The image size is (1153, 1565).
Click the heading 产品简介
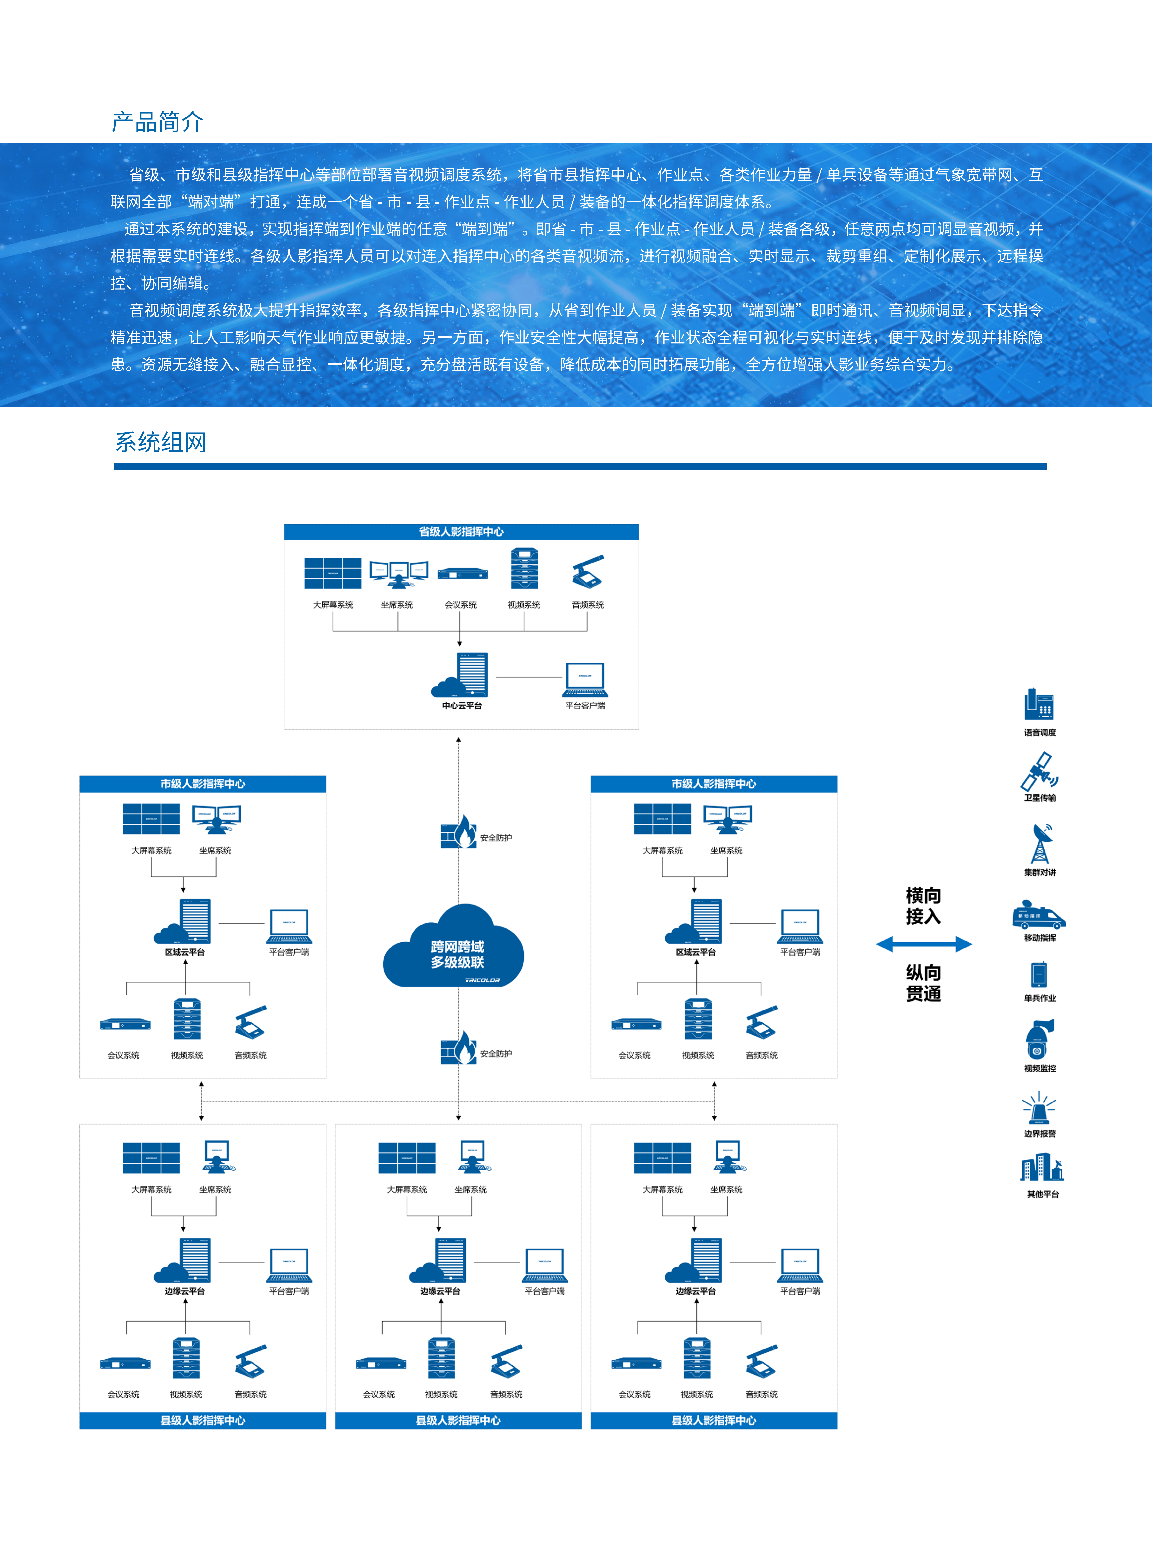point(158,122)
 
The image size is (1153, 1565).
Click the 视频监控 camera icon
point(1039,1040)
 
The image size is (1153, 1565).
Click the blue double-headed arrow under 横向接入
point(923,944)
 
